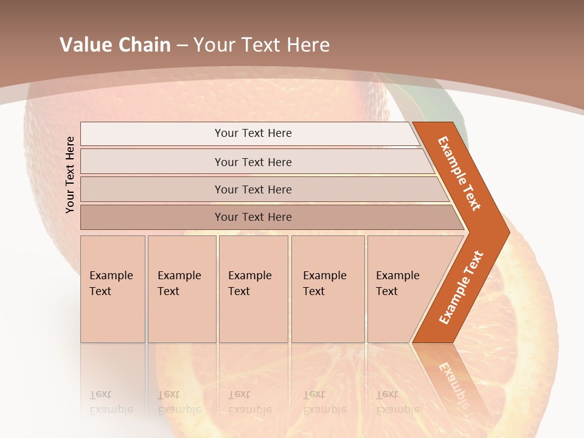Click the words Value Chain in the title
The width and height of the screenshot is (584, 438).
(x=115, y=44)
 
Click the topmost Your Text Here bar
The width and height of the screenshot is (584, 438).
(x=252, y=133)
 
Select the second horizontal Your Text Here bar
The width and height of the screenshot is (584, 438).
(x=252, y=162)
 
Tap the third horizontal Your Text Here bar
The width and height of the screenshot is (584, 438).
(x=252, y=189)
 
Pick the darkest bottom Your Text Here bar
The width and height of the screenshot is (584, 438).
(x=252, y=217)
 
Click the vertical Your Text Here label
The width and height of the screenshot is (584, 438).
(x=70, y=175)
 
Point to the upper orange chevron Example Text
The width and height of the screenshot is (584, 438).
(x=459, y=173)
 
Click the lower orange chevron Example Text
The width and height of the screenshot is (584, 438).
(x=461, y=288)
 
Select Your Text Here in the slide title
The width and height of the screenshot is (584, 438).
(x=262, y=44)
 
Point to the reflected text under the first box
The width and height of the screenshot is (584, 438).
(x=110, y=402)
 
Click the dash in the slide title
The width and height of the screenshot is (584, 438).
(x=181, y=45)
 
